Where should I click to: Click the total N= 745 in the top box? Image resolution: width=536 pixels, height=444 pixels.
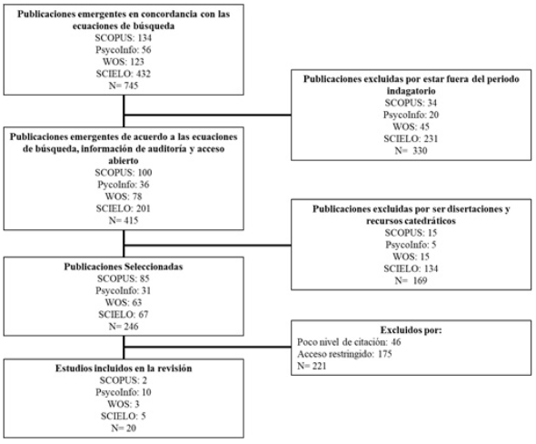[x=124, y=86]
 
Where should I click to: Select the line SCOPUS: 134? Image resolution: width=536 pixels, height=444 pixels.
[x=124, y=37]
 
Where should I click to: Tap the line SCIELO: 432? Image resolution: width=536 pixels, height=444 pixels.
[x=124, y=74]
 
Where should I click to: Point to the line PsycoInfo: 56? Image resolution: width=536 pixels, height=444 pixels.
[x=124, y=50]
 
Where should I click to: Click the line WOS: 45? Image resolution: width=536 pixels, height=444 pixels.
[x=411, y=126]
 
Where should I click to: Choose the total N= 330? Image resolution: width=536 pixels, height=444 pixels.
[x=411, y=151]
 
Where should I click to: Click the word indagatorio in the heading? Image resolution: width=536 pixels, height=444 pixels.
[x=411, y=91]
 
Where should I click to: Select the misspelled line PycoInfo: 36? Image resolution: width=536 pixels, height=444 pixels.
[x=124, y=185]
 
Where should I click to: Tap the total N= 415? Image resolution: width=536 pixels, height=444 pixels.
[x=124, y=220]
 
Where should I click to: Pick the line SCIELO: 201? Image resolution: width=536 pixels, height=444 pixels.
[x=124, y=208]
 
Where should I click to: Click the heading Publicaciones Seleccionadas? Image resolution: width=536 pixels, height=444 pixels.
[x=124, y=267]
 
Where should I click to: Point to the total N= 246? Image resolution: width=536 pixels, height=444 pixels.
[x=124, y=327]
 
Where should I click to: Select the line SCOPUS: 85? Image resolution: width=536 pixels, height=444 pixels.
[x=124, y=278]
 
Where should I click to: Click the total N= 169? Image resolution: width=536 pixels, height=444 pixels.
[x=411, y=281]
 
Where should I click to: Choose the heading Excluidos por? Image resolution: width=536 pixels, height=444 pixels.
[x=411, y=330]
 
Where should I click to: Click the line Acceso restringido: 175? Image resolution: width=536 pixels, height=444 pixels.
[x=344, y=354]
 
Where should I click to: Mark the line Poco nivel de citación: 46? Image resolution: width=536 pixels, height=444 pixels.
[x=349, y=342]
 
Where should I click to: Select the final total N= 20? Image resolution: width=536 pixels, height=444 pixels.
[x=124, y=428]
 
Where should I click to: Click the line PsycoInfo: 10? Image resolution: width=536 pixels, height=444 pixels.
[x=124, y=392]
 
